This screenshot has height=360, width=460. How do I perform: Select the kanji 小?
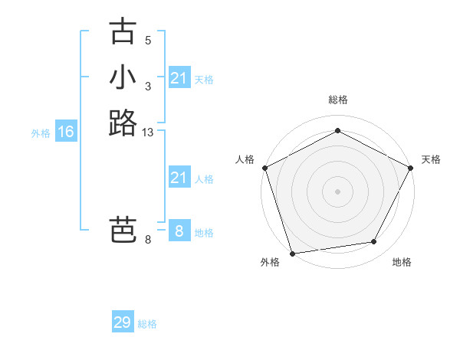123,77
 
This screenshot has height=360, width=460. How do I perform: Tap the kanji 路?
123,123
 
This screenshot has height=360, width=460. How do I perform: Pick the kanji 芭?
123,231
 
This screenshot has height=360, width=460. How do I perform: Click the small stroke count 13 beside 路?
149,133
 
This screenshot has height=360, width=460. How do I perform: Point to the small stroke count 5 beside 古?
148,40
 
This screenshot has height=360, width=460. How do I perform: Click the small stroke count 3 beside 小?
148,87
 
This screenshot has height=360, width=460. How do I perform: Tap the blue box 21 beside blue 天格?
179,78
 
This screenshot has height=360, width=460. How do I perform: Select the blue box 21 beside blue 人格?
179,178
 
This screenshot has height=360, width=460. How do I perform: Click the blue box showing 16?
66,132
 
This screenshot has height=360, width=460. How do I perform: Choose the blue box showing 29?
123,322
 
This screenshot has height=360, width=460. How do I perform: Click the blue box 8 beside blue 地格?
179,231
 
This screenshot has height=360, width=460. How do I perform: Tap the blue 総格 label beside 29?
147,324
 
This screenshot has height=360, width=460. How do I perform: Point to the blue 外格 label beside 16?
41,133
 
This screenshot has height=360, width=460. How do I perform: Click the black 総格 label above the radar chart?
337,100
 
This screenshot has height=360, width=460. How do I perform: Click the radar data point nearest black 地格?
374,242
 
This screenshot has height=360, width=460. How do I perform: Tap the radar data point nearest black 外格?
292,253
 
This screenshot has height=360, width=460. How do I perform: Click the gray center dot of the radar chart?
337,191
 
